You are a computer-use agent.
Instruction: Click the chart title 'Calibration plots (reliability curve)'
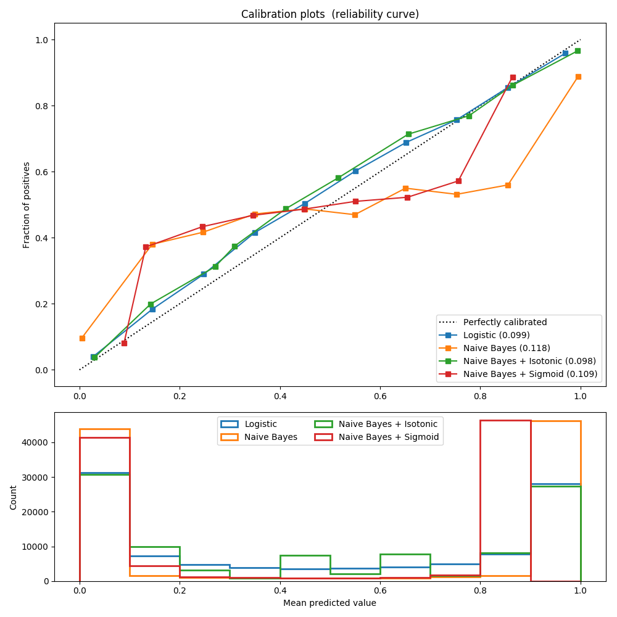[x=329, y=14]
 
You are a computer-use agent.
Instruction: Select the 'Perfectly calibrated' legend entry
[x=505, y=322]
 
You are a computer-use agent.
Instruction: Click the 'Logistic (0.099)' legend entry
[x=496, y=335]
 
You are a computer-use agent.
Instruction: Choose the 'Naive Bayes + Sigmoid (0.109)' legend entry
[x=530, y=374]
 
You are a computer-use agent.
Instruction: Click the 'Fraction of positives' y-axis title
[x=27, y=205]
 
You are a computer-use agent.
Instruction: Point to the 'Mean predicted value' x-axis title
[x=329, y=603]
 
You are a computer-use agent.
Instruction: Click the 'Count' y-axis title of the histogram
[x=14, y=497]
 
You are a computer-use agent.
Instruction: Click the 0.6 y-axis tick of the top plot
[x=41, y=172]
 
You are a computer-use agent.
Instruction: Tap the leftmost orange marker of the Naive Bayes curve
[x=82, y=338]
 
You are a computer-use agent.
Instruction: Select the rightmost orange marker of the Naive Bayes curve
[x=578, y=77]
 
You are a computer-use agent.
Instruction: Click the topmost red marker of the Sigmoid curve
[x=513, y=78]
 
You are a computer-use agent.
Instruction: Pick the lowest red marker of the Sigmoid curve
[x=124, y=343]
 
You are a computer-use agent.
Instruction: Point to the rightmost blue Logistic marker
[x=565, y=53]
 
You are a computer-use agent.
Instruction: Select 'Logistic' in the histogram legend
[x=260, y=424]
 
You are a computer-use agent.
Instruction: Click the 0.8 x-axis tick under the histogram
[x=480, y=590]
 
